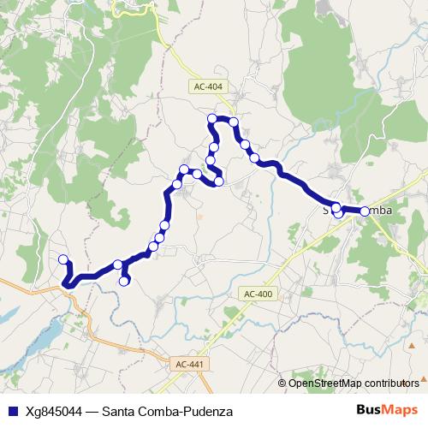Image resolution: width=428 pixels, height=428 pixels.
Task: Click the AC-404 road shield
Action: point(204,86)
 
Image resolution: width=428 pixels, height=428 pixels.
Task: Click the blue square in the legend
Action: point(11,411)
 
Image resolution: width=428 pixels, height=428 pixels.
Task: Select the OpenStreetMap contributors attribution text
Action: point(353,383)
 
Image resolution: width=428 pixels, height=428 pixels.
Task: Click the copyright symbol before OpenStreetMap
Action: point(282,383)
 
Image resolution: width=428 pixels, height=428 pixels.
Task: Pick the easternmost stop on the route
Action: point(365,211)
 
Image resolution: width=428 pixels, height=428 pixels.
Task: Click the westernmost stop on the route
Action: point(62,259)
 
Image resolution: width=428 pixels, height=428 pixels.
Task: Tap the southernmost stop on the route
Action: point(124,280)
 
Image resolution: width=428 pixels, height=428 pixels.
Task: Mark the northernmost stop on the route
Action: point(213,117)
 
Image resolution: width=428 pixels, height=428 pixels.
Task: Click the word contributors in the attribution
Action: point(391,383)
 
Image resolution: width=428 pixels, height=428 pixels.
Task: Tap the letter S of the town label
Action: point(325,210)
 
